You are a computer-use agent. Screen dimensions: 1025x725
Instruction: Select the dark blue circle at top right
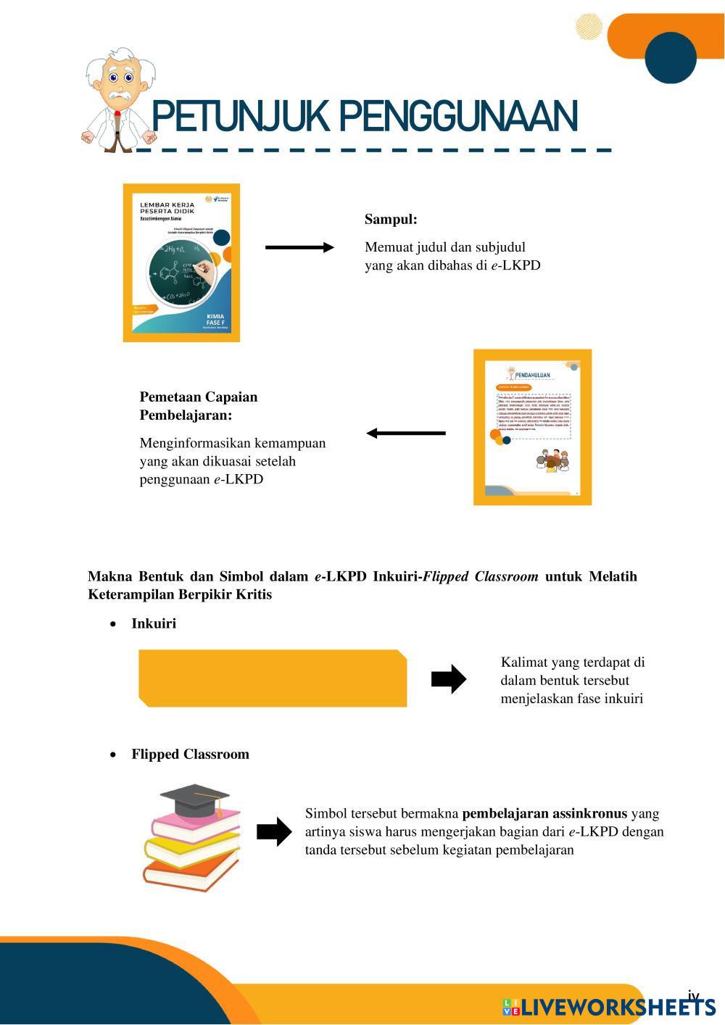click(x=671, y=58)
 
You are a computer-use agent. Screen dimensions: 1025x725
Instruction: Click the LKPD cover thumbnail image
click(x=181, y=262)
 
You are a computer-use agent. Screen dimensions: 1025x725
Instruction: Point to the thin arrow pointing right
click(x=299, y=247)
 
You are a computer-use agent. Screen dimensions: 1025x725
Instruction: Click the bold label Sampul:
click(x=391, y=219)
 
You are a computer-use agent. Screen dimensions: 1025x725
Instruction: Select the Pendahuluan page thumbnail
click(x=532, y=427)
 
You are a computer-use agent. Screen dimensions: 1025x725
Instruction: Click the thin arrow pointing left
click(x=406, y=433)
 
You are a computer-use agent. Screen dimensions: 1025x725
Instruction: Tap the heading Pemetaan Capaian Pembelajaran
click(x=199, y=406)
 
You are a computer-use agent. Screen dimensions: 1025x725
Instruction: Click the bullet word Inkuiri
click(x=154, y=623)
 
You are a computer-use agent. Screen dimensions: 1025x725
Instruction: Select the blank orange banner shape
click(x=273, y=679)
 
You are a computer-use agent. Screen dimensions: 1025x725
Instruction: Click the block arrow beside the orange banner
click(x=448, y=679)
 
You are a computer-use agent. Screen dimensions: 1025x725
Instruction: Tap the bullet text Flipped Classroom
click(x=190, y=754)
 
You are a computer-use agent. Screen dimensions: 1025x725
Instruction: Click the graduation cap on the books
click(x=195, y=799)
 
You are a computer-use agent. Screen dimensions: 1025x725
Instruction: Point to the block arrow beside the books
click(x=274, y=831)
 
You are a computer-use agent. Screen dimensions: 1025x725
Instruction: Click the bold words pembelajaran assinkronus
click(x=544, y=813)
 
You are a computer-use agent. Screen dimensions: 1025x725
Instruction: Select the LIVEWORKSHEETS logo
click(x=609, y=1007)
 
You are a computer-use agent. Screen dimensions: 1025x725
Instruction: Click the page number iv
click(x=693, y=995)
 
